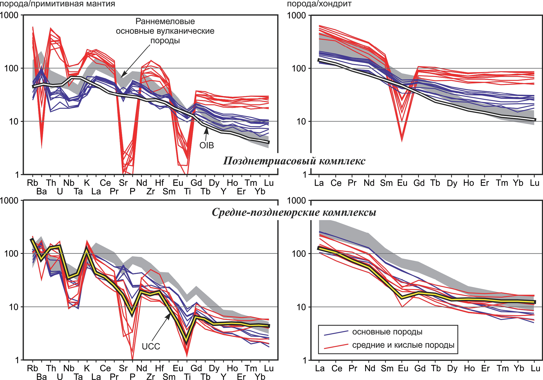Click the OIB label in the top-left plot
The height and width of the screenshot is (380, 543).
tap(206, 145)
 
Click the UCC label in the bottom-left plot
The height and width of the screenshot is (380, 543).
tap(151, 346)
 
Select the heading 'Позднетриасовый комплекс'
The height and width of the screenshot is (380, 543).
tap(294, 161)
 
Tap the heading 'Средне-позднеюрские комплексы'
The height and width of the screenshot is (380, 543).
tap(294, 212)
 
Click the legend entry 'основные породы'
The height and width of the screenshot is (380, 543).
tap(387, 332)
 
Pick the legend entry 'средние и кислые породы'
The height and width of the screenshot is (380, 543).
tap(403, 345)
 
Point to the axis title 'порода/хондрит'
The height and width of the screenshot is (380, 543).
tap(319, 4)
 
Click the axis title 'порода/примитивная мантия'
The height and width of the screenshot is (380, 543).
tap(58, 4)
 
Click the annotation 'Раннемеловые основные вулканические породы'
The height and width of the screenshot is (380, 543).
tap(165, 31)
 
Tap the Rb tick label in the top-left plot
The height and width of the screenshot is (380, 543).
tap(32, 183)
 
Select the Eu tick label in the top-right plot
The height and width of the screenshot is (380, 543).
tap(402, 183)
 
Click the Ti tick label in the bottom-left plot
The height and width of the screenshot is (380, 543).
tap(187, 377)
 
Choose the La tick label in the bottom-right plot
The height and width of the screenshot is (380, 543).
tap(319, 368)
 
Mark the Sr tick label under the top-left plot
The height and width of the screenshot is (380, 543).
tap(123, 183)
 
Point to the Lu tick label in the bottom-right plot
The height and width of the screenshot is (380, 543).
tap(535, 368)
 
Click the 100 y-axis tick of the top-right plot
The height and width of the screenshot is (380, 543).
tap(299, 68)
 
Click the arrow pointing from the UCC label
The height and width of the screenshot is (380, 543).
tap(161, 327)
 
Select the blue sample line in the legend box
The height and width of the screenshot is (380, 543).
tap(336, 333)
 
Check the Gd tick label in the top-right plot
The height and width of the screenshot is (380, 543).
tap(419, 183)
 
